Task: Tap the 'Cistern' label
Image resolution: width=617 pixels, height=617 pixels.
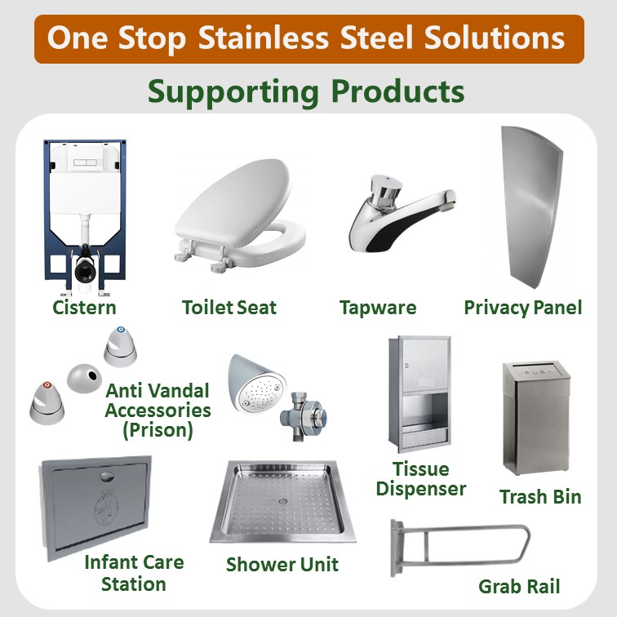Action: point(84,308)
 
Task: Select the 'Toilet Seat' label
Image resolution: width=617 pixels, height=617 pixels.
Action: point(229,308)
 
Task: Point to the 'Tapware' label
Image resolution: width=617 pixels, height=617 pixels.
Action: point(378,308)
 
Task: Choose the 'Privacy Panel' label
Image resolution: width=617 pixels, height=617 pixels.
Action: point(523,308)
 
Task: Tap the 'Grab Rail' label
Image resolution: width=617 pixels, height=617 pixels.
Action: point(519,586)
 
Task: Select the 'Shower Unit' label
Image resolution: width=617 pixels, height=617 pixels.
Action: point(282,564)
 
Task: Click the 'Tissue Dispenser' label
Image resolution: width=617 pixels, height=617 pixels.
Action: point(421,479)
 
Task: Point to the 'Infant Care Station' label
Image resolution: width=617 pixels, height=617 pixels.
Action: point(134,573)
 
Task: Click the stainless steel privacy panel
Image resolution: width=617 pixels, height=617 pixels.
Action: point(536,212)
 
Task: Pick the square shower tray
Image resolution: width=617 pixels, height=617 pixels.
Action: point(282,500)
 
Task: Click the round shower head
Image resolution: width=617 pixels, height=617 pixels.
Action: point(255,383)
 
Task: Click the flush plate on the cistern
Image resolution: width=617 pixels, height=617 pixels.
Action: point(84,162)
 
